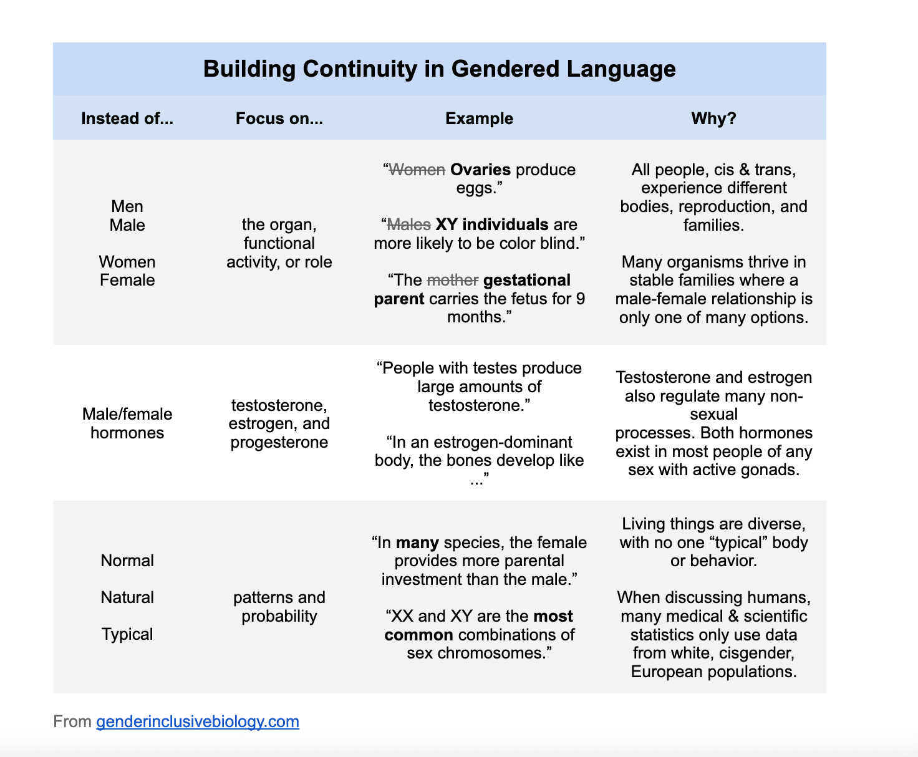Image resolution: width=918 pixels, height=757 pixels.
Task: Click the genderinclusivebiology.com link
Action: click(198, 721)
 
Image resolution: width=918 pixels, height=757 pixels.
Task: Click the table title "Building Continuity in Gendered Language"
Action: click(439, 69)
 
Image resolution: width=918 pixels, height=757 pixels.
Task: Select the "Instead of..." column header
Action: click(127, 118)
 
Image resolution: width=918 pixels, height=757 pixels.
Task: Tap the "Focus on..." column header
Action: click(279, 118)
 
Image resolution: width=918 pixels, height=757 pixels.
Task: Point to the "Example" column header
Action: click(479, 118)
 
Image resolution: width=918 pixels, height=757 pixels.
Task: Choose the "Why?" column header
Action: click(713, 118)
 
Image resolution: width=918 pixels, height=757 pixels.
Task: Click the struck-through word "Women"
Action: click(417, 170)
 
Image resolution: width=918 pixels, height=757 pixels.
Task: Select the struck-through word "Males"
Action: click(409, 224)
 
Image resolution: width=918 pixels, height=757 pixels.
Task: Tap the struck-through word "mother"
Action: click(453, 280)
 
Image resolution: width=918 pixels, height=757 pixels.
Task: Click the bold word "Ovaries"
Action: click(481, 170)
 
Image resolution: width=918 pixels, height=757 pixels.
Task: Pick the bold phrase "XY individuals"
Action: click(492, 224)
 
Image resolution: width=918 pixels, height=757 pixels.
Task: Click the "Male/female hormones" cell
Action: click(127, 423)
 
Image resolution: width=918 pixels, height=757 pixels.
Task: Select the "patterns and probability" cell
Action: click(279, 607)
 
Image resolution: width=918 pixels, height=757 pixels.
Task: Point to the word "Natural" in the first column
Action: click(127, 597)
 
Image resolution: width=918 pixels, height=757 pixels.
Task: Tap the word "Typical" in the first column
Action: click(127, 634)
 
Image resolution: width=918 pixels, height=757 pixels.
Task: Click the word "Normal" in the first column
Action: click(127, 561)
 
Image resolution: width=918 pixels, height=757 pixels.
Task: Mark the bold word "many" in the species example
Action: click(417, 543)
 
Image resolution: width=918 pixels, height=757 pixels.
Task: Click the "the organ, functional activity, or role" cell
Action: click(279, 243)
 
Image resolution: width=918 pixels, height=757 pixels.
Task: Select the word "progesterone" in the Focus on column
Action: click(279, 443)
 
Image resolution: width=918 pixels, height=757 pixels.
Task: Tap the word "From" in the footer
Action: click(72, 721)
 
